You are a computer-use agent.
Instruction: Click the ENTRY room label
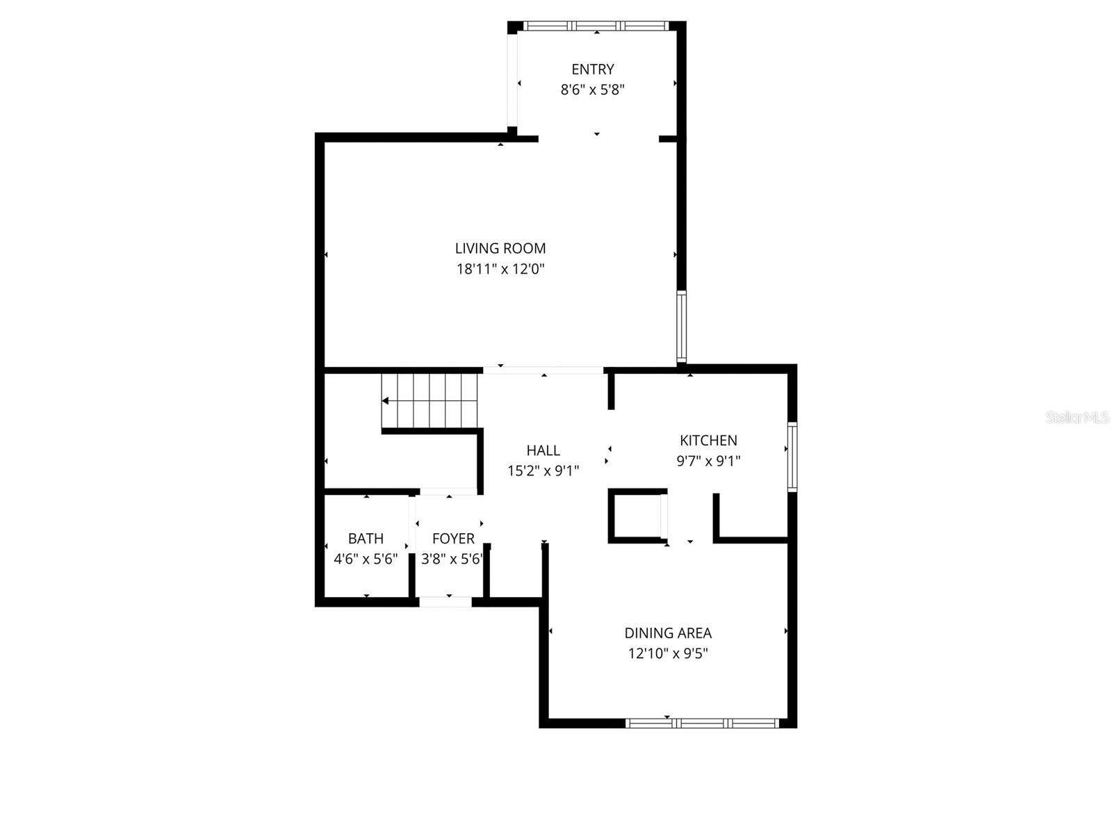[x=592, y=69]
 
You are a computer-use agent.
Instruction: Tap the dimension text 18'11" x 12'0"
[x=500, y=269]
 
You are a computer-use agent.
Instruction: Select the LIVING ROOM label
[x=500, y=248]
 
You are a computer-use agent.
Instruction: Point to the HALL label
[x=543, y=450]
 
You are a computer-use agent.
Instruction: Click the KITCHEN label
[x=708, y=440]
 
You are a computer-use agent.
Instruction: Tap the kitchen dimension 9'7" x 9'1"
[x=708, y=461]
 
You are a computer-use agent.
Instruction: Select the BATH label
[x=366, y=539]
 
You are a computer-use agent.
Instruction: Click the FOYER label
[x=453, y=539]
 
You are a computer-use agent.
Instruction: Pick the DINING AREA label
[x=668, y=633]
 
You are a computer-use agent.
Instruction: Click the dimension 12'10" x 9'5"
[x=668, y=653]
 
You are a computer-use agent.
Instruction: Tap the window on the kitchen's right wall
[x=792, y=457]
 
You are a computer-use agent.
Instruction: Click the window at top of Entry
[x=596, y=26]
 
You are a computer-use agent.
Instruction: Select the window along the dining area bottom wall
[x=702, y=723]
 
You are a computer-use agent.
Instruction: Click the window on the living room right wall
[x=681, y=327]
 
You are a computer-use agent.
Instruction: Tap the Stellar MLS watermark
[x=1077, y=418]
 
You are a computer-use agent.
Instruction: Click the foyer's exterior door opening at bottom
[x=445, y=602]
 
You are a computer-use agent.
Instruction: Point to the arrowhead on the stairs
[x=385, y=401]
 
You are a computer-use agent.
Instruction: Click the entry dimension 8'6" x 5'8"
[x=592, y=90]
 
